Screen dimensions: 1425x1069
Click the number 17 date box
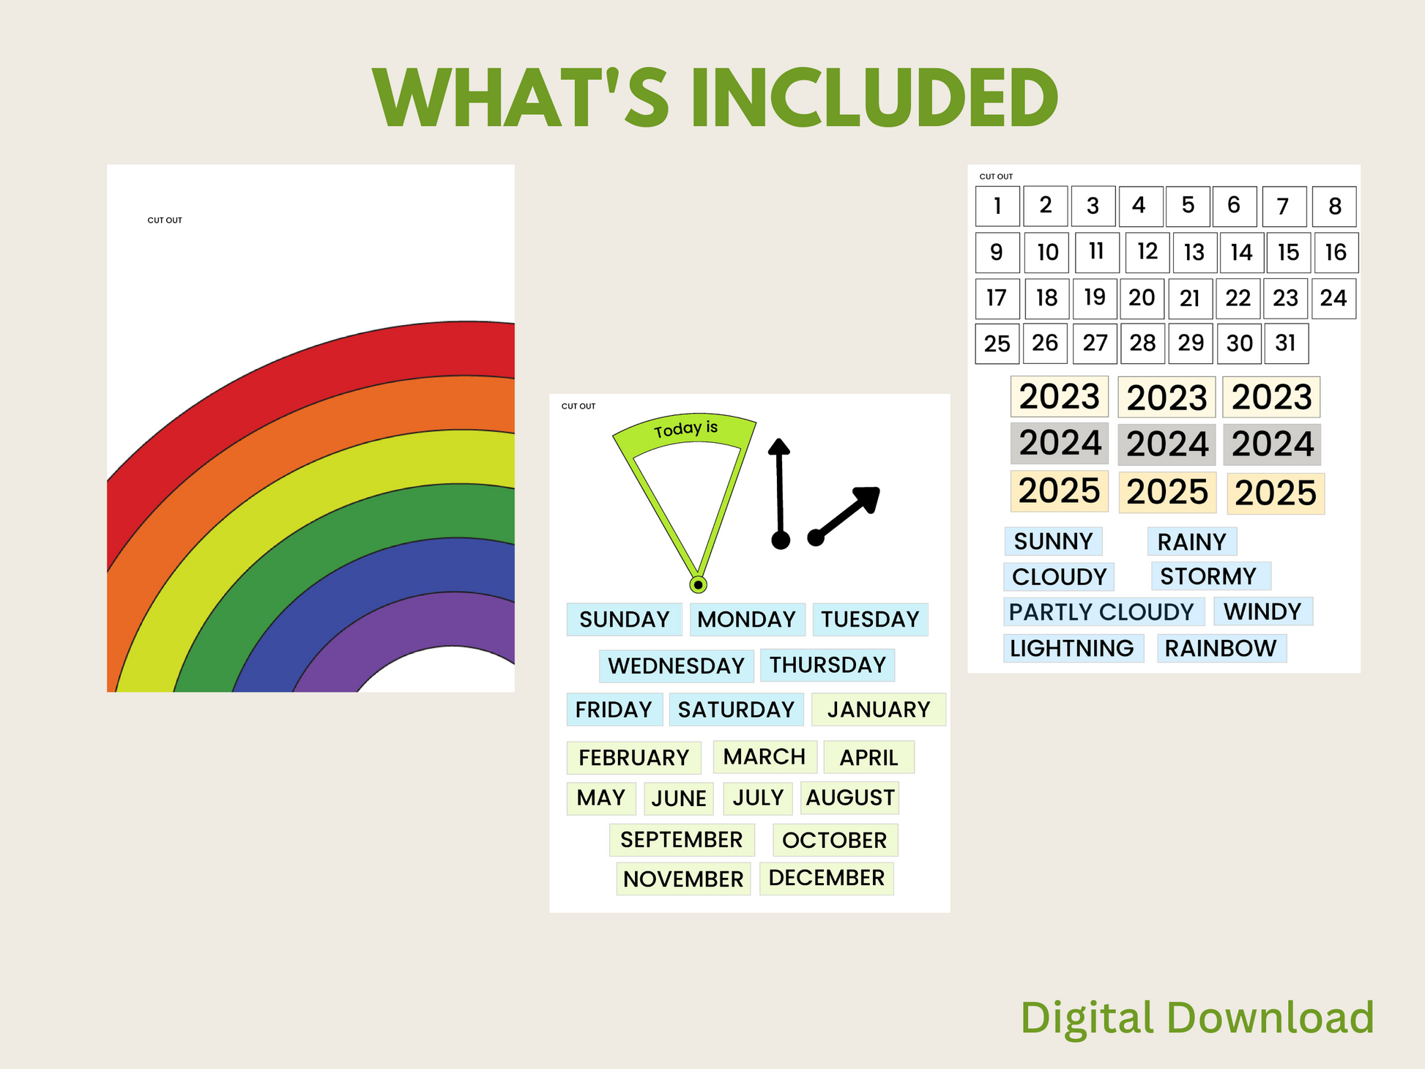[x=997, y=299]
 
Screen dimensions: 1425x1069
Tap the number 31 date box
[x=1286, y=343]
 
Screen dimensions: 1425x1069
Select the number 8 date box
[x=1334, y=206]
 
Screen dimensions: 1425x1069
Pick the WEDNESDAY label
[x=676, y=666]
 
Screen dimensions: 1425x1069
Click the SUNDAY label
[x=624, y=619]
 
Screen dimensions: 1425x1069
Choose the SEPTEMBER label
[x=682, y=840]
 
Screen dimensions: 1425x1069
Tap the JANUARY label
[x=879, y=709]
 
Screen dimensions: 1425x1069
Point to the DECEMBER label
[x=827, y=878]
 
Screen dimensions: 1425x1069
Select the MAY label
[x=601, y=798]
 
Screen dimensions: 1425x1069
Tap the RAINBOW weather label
[x=1221, y=649]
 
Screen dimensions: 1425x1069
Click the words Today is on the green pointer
[x=685, y=429]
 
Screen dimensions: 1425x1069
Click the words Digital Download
[x=1197, y=1018]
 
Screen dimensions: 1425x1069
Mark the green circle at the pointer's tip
[x=699, y=584]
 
